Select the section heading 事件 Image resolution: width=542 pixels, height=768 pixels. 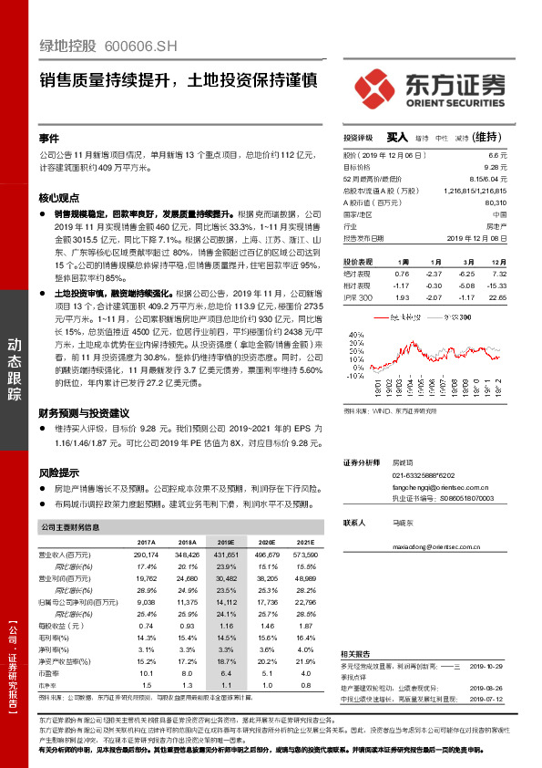tap(49, 138)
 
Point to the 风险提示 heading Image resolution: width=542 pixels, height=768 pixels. tap(59, 472)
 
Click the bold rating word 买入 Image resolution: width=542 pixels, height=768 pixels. tap(397, 137)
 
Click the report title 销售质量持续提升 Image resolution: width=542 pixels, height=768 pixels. tap(108, 80)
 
